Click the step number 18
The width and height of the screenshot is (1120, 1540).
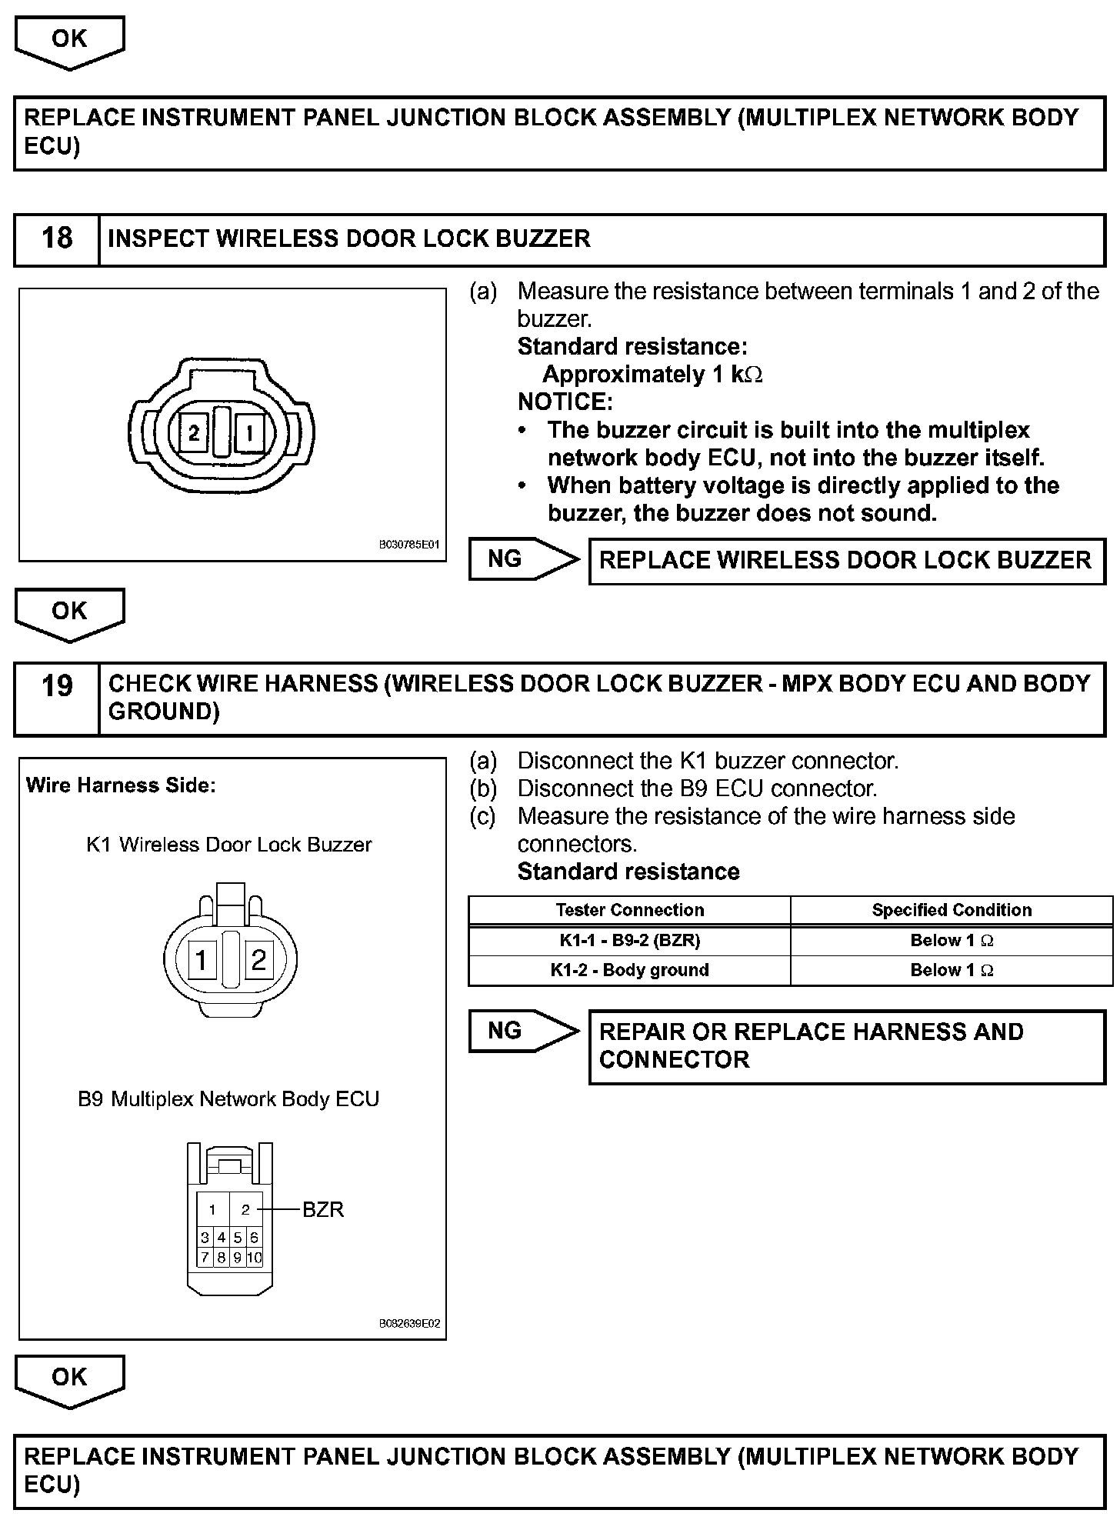click(x=57, y=238)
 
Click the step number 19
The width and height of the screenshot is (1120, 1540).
click(x=57, y=685)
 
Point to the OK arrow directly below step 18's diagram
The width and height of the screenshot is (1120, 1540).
click(x=69, y=612)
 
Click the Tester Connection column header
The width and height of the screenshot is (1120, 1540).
click(x=629, y=910)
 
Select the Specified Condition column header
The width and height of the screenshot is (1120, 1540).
click(x=952, y=910)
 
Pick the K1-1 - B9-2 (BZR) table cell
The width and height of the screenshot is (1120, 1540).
click(x=629, y=940)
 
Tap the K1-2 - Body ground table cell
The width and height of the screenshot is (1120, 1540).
click(x=629, y=970)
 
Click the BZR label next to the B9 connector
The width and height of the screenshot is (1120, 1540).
click(x=323, y=1209)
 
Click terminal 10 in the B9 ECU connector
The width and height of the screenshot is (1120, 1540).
click(x=255, y=1258)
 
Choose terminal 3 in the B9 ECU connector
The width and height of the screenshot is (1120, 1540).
click(x=205, y=1238)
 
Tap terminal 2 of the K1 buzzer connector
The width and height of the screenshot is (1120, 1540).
click(x=258, y=960)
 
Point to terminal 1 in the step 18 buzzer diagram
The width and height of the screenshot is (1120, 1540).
click(x=249, y=434)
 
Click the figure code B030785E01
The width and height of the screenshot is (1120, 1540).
click(x=408, y=545)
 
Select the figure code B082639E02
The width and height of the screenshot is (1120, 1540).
click(x=409, y=1324)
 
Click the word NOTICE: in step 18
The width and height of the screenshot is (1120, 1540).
click(x=565, y=402)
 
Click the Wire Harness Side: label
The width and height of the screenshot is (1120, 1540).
click(x=121, y=785)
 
